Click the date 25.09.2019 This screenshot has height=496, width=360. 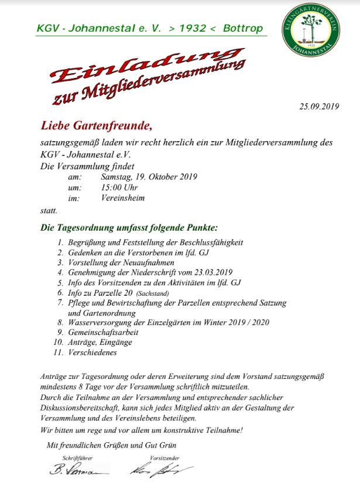click(319, 106)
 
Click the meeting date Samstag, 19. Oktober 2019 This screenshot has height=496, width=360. click(149, 177)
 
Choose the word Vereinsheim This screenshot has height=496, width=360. click(122, 198)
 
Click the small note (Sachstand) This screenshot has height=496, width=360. click(155, 292)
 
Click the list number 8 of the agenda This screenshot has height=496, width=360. click(60, 322)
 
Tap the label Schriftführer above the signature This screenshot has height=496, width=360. click(78, 458)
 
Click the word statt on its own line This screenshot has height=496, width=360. click(49, 209)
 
